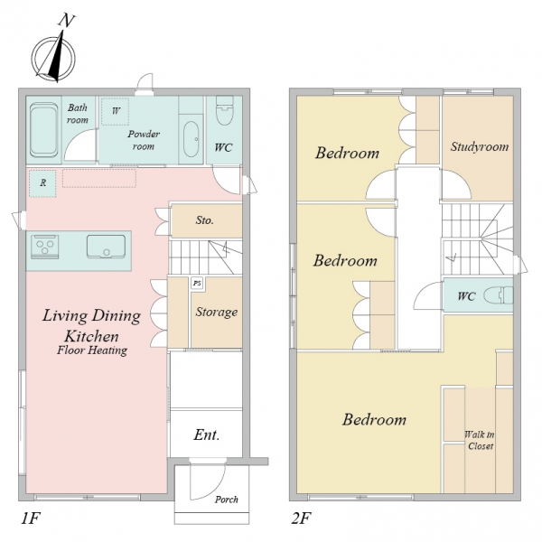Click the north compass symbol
53,56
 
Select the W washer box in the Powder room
115,111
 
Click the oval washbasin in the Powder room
191,139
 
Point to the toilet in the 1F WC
224,110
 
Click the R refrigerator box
42,183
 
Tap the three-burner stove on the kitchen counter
45,247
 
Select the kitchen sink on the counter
106,247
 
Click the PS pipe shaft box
197,284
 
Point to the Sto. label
205,220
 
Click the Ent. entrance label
206,435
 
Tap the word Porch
227,500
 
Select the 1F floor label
31,519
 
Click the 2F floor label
302,519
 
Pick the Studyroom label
480,147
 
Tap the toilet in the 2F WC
498,295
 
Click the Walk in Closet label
480,440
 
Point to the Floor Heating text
92,350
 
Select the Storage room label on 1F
217,313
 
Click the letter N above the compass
66,21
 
